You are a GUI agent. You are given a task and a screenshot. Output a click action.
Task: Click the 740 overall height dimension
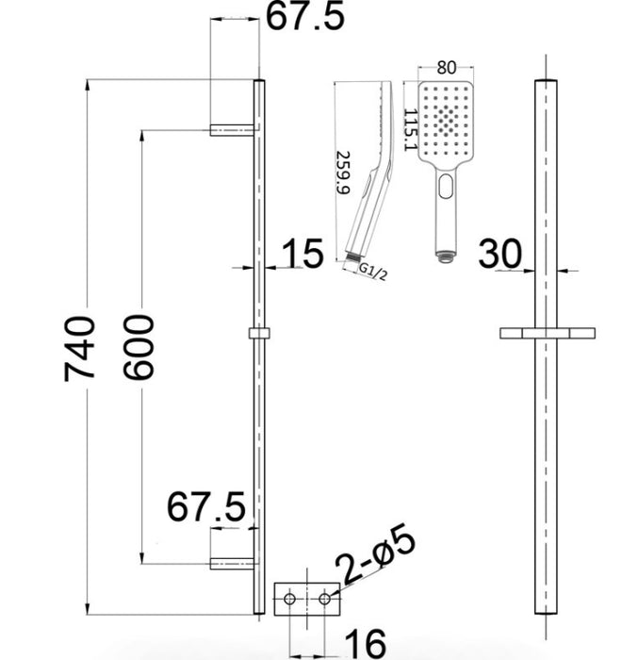coord(79,349)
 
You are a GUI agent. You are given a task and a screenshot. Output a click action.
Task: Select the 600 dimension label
coord(139,347)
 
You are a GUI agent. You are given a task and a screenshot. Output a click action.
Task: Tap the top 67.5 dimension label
coord(305,16)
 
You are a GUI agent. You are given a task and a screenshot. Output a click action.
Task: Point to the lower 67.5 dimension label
coord(205,506)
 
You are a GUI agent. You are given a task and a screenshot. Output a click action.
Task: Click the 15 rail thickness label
coord(303,253)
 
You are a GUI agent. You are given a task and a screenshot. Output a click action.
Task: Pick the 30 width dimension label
coord(500,254)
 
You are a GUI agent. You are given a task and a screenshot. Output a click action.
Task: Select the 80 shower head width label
coord(446,67)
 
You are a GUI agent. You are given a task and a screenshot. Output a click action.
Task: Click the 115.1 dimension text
coord(410,130)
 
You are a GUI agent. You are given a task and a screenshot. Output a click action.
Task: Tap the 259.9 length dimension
coord(343,173)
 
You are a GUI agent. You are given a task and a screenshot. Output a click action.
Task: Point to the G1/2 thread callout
coord(373,272)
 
